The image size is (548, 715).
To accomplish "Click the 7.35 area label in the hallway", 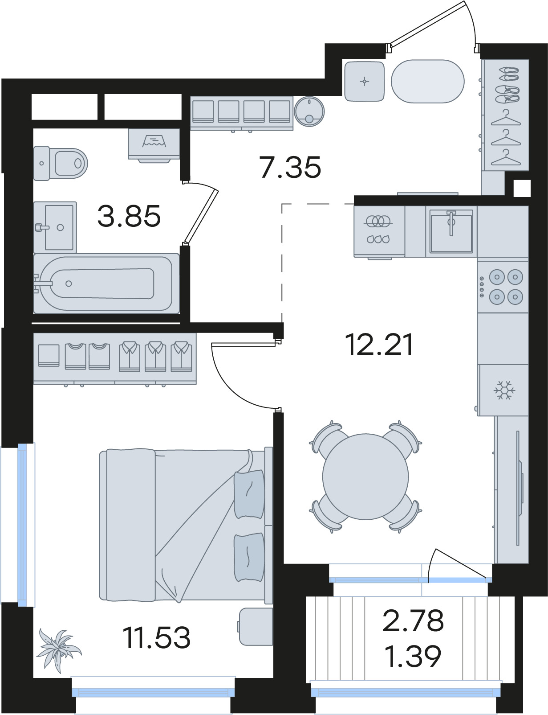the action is (x=290, y=168).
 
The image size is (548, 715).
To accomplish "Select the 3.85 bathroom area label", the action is (x=129, y=216).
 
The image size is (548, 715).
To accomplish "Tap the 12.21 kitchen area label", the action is (x=380, y=345).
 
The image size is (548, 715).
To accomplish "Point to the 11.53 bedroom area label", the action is (x=157, y=637).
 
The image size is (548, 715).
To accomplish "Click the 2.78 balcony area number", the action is (x=413, y=620).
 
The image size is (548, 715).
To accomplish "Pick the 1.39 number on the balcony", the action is (x=413, y=656).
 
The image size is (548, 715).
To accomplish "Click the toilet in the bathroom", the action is (x=61, y=163).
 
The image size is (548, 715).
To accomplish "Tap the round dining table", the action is (x=365, y=477).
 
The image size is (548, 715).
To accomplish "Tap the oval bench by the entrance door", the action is (x=427, y=82).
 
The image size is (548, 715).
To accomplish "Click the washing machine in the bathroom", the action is (x=154, y=145).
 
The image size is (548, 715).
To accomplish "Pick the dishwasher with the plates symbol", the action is (x=379, y=231).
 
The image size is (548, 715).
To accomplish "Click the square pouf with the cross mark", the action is (x=364, y=81).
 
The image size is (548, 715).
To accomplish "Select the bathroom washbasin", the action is (x=55, y=227).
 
